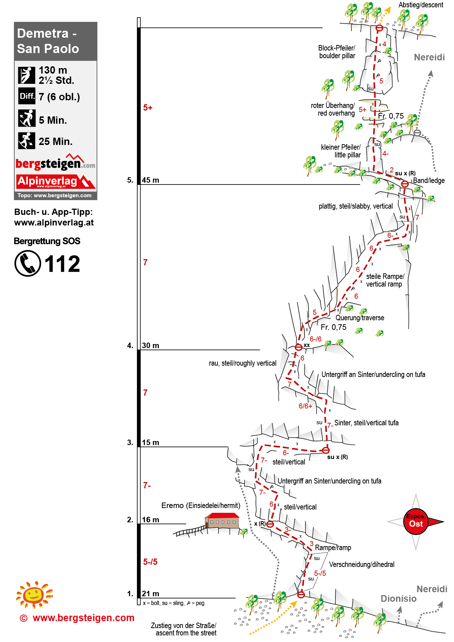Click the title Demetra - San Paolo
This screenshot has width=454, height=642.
(48, 41)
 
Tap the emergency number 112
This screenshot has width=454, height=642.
(62, 264)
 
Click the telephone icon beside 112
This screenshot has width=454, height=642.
(28, 263)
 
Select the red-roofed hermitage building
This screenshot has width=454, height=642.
(222, 520)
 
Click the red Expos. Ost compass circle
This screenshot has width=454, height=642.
(416, 522)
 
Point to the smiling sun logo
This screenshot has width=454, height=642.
(34, 594)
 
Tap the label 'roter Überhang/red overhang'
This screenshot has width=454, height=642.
(333, 109)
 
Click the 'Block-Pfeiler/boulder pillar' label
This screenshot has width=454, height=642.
(337, 52)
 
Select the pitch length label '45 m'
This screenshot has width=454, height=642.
(150, 180)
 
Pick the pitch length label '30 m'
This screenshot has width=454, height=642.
(150, 346)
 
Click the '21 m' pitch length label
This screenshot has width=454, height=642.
(150, 594)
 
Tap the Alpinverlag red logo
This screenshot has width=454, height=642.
(55, 182)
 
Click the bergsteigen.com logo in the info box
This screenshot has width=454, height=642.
(55, 163)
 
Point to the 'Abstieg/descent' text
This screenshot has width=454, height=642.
(421, 5)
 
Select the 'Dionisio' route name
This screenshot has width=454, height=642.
(398, 598)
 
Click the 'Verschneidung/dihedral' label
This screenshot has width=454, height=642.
(362, 564)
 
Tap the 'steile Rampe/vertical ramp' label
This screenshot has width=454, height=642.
(385, 280)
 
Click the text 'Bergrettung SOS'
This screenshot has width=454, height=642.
(47, 241)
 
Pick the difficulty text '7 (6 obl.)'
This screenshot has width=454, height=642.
(59, 97)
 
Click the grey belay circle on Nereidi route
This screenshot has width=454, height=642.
(417, 133)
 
